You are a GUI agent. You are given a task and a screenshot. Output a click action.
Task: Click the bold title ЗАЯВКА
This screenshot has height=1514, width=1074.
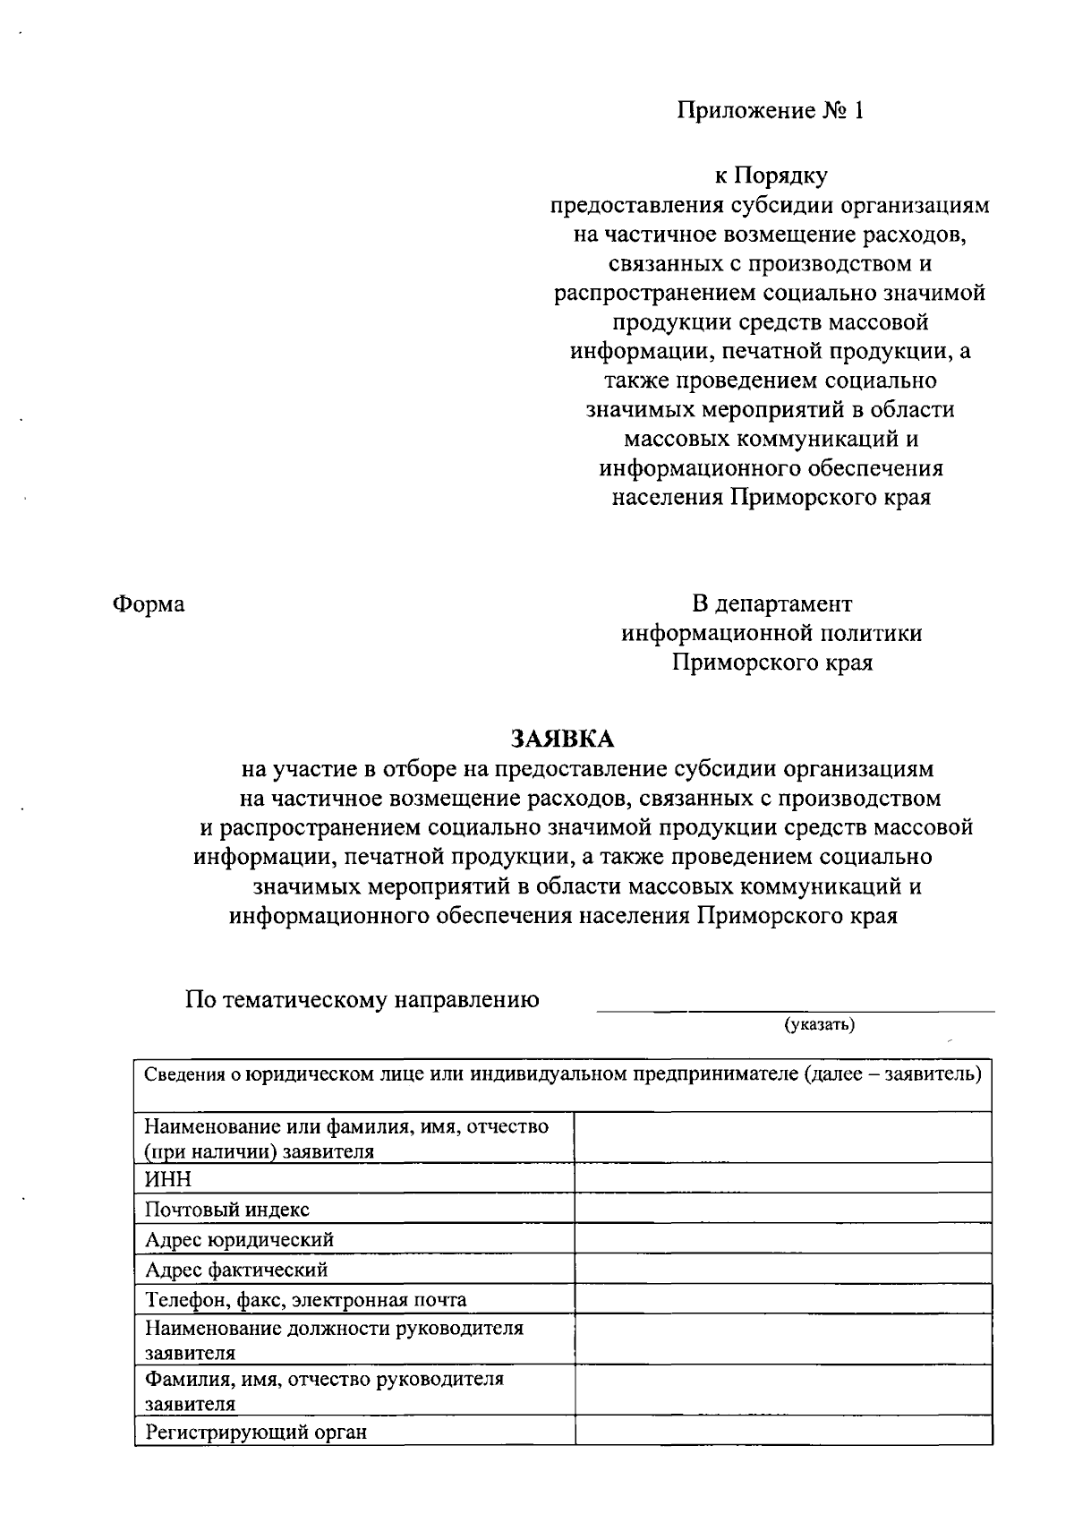coord(563,739)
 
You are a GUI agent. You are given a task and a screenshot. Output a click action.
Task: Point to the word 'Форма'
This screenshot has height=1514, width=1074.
coord(149,604)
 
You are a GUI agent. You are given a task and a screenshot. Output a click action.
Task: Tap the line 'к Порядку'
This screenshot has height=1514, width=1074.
coord(771,176)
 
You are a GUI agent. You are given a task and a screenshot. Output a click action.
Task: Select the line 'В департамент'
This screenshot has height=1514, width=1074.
coord(771,604)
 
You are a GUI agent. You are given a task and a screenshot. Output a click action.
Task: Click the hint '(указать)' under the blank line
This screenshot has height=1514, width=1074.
coord(820,1024)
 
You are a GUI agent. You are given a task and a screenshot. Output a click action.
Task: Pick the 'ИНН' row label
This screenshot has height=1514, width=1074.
coord(169,1179)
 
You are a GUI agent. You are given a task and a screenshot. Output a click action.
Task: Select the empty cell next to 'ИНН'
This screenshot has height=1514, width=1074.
coord(782,1178)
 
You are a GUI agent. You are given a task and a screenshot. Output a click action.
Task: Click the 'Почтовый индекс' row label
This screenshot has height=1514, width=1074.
coord(227,1210)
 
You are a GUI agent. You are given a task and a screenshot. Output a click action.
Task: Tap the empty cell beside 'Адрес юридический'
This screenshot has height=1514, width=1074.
coord(782,1239)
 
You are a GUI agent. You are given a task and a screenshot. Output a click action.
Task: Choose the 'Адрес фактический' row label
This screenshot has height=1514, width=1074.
coord(237,1270)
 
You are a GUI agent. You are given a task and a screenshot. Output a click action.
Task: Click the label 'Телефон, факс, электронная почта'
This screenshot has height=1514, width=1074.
coord(305,1300)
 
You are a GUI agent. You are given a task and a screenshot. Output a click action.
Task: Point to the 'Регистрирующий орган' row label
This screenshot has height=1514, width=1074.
coord(256,1432)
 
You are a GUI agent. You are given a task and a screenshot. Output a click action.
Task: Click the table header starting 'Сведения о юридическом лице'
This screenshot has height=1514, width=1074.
coord(563,1074)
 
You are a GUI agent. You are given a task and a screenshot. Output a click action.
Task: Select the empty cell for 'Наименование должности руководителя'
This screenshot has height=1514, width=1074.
coord(782,1339)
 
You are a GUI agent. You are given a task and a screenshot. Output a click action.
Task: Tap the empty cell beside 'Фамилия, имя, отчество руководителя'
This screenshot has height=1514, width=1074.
coord(782,1390)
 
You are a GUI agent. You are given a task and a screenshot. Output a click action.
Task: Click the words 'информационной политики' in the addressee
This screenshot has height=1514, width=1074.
coord(771,634)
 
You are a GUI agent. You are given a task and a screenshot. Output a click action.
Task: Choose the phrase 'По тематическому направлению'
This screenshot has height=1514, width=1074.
coord(362,1000)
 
